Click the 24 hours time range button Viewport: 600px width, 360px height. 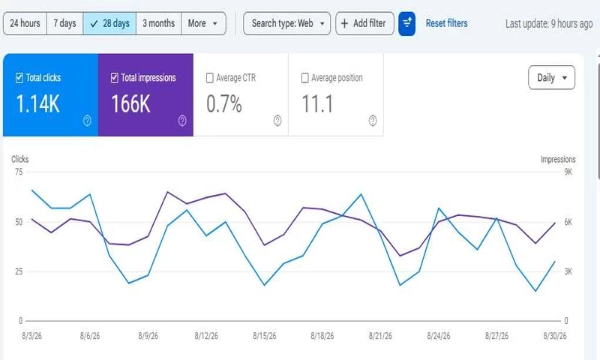pyautogui.click(x=25, y=23)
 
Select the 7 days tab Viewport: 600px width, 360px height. pyautogui.click(x=64, y=23)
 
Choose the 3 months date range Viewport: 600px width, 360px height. pyautogui.click(x=158, y=23)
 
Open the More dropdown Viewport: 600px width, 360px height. pyautogui.click(x=203, y=23)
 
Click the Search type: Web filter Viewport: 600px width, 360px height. pyautogui.click(x=287, y=23)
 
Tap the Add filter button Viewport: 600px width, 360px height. pyautogui.click(x=364, y=23)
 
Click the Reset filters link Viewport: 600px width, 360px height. pyautogui.click(x=446, y=23)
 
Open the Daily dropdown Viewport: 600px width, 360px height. pyautogui.click(x=551, y=78)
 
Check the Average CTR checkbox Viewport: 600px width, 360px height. pyautogui.click(x=210, y=78)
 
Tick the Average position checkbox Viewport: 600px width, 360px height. pyautogui.click(x=305, y=78)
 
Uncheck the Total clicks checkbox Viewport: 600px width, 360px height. pyautogui.click(x=19, y=78)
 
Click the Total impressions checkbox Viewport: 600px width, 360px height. pyautogui.click(x=115, y=78)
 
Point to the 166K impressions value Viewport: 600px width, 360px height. pyautogui.click(x=130, y=104)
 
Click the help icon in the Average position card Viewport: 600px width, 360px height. pyautogui.click(x=373, y=121)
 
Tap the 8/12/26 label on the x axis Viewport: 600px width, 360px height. pyautogui.click(x=206, y=336)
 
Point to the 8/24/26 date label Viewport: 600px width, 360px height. pyautogui.click(x=439, y=336)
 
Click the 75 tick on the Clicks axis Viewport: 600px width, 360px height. pyautogui.click(x=19, y=172)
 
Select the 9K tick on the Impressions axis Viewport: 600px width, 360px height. pyautogui.click(x=568, y=172)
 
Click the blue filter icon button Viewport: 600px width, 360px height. pyautogui.click(x=406, y=24)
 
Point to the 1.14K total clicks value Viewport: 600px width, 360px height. pyautogui.click(x=38, y=104)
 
